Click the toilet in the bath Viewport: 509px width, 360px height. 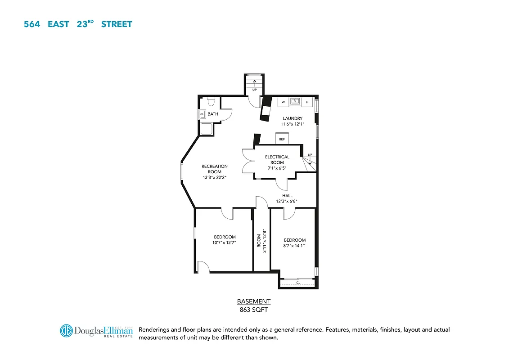point(212,102)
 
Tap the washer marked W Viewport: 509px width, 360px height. point(283,102)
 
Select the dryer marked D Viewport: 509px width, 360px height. point(307,102)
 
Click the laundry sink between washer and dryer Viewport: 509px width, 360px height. point(295,101)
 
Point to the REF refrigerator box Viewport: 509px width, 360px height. point(282,139)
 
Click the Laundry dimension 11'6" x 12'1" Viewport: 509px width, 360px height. point(293,124)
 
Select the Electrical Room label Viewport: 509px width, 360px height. point(277,160)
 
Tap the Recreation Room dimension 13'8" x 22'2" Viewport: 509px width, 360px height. point(215,177)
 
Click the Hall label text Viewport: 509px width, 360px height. point(287,196)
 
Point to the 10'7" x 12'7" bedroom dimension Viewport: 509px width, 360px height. point(224,243)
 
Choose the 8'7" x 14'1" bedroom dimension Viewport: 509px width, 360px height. point(294,246)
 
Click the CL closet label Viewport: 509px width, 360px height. point(298,283)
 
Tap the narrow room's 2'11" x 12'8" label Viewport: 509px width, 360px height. point(265,241)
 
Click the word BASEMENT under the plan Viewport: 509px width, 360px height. point(254,301)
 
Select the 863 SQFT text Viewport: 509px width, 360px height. point(254,310)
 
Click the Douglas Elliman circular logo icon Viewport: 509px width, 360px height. point(66,331)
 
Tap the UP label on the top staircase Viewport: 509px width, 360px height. point(254,90)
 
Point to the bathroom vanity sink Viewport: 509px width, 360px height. point(202,114)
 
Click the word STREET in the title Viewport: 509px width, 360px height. point(117,24)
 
